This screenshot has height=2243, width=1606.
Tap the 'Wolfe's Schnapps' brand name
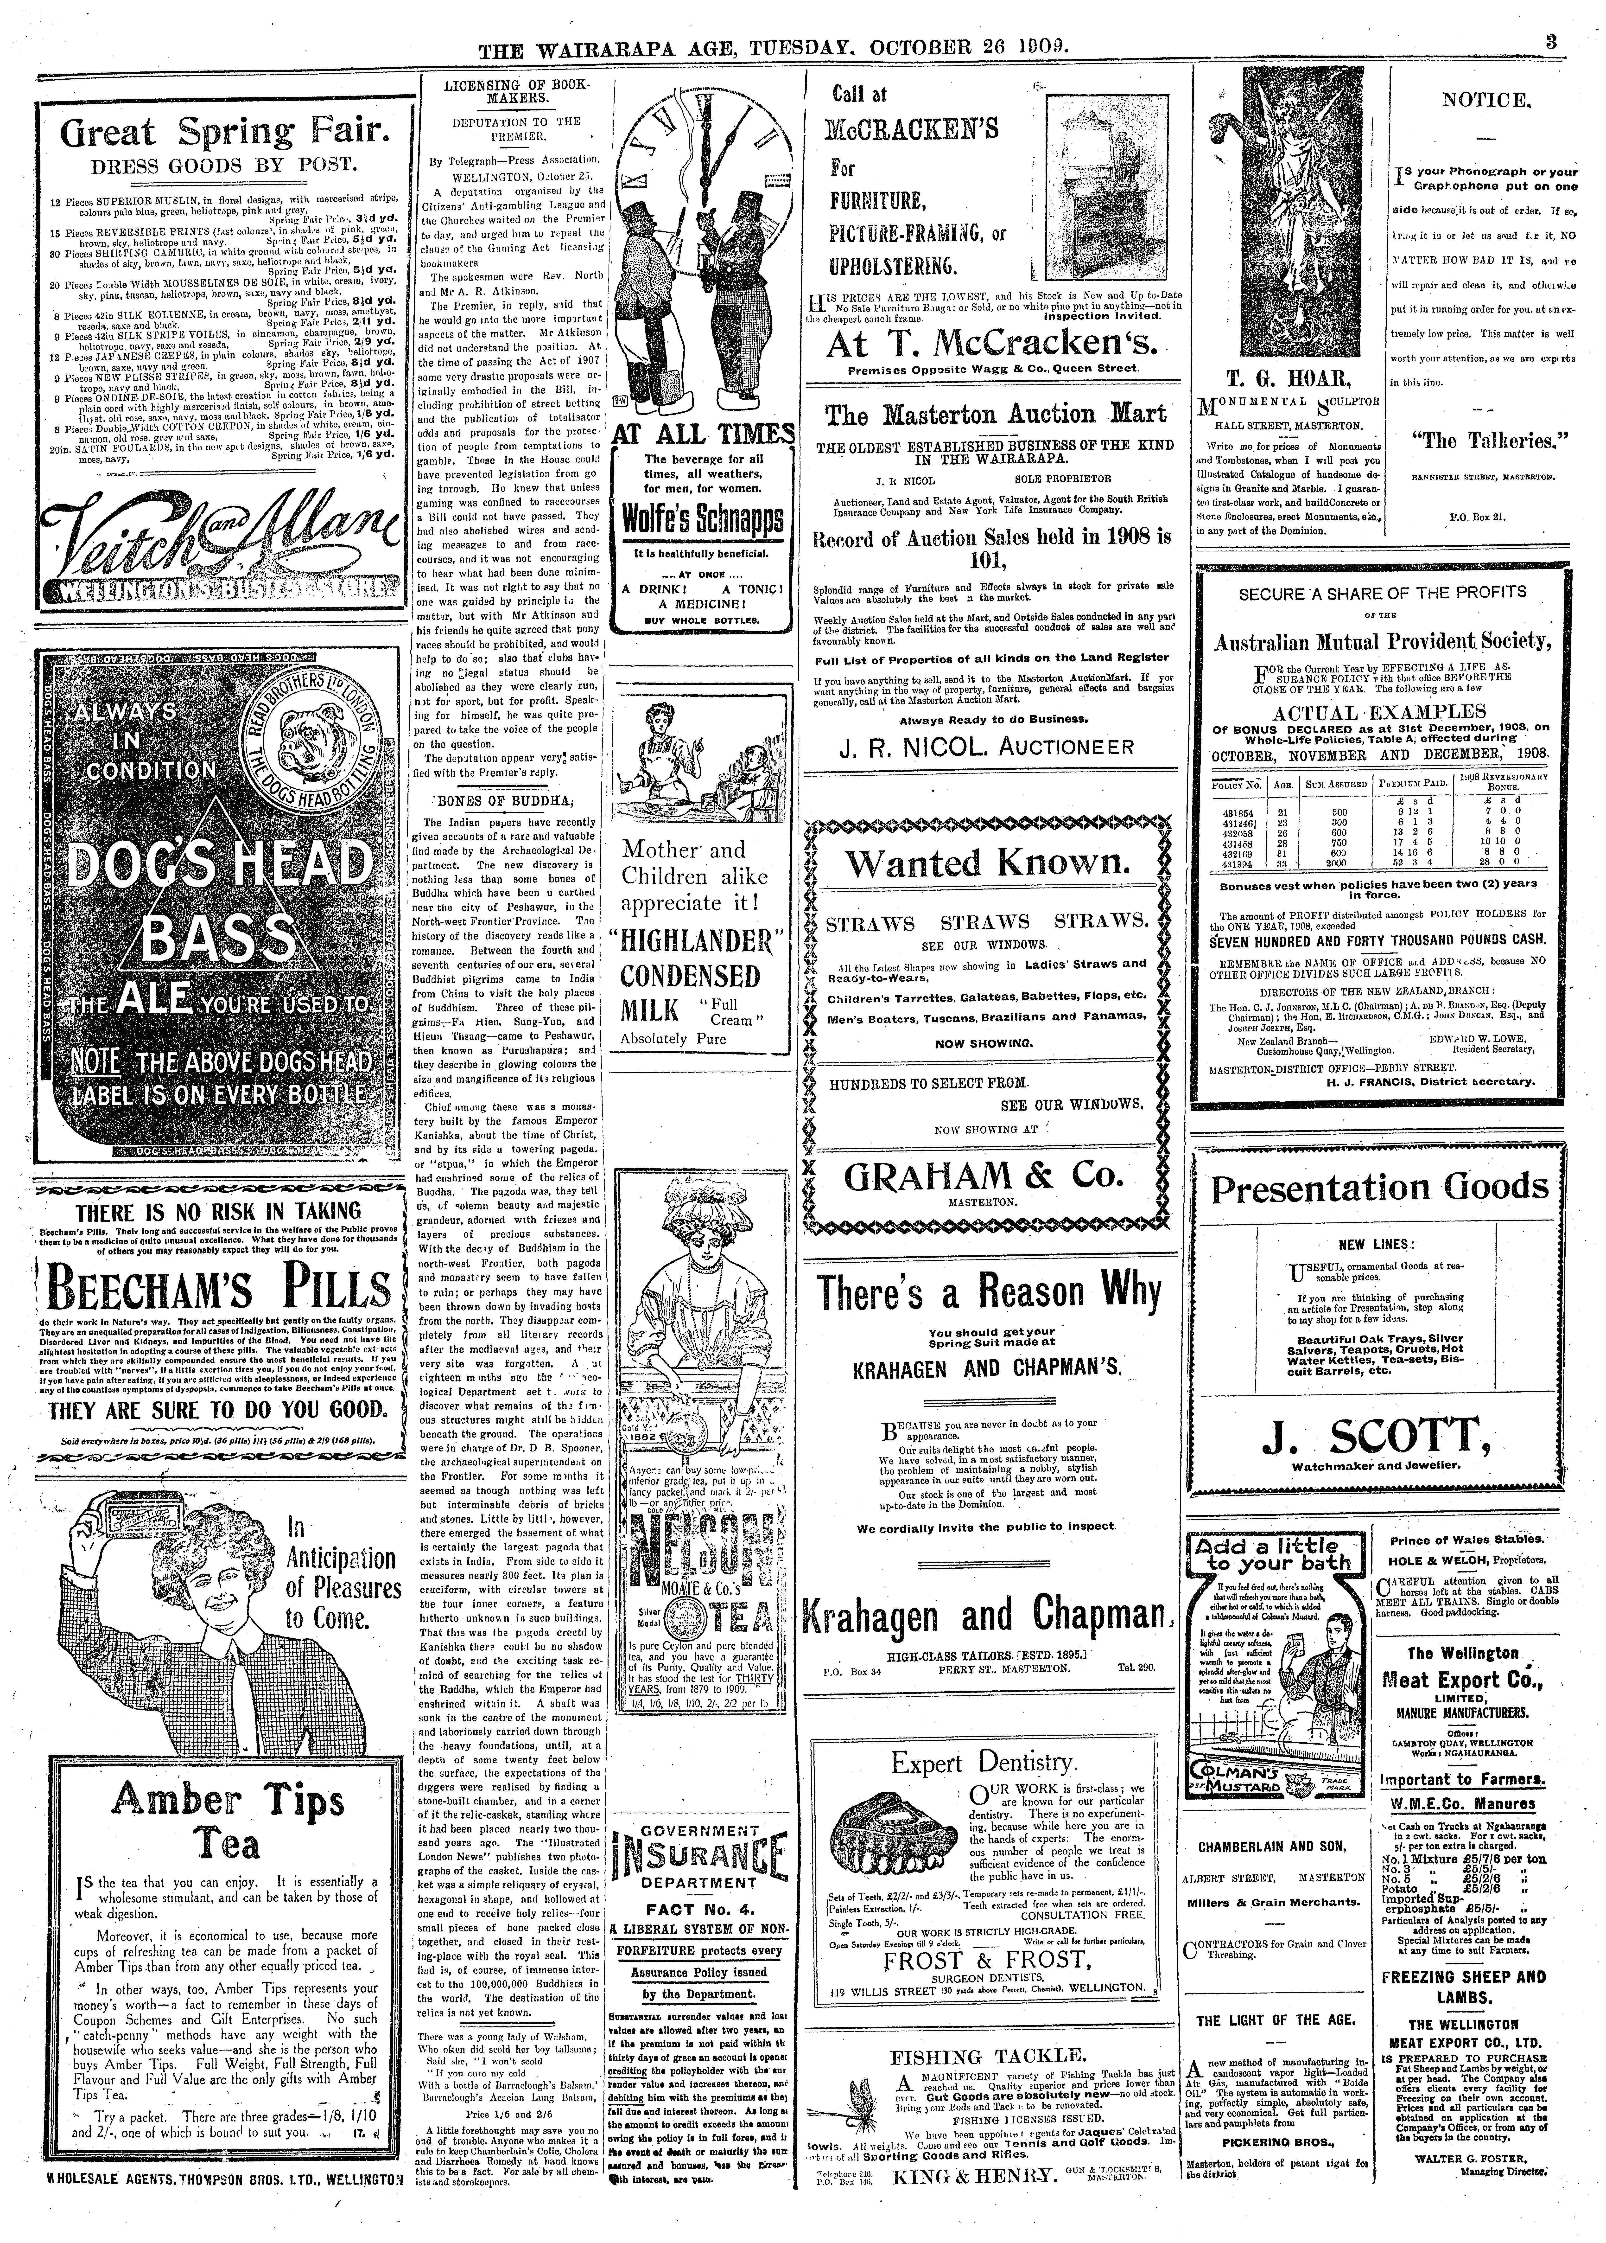(702, 519)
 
